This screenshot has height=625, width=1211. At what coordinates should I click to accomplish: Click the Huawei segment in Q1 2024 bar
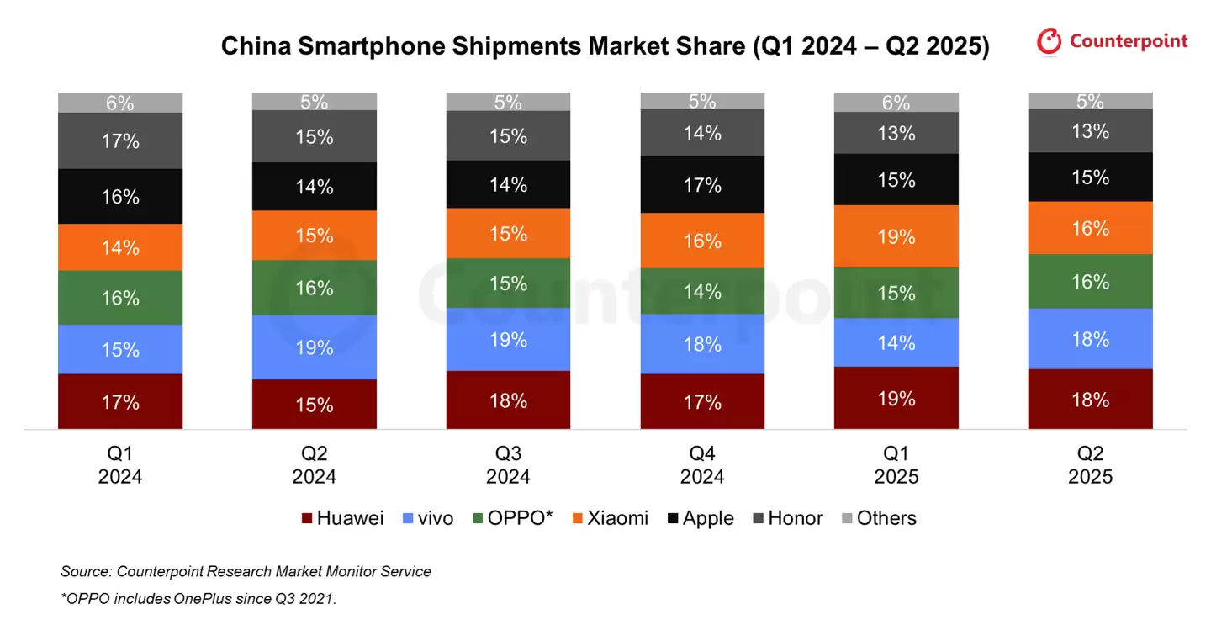tap(120, 401)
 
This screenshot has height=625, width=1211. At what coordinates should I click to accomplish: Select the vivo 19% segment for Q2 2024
tap(314, 347)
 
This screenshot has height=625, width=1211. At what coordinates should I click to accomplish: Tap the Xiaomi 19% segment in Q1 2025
tap(896, 236)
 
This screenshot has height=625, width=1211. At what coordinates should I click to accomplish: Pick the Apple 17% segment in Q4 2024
tap(702, 184)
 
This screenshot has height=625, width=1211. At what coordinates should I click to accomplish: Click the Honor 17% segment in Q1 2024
tap(120, 140)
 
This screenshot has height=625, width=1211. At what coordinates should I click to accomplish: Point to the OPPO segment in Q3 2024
tap(508, 283)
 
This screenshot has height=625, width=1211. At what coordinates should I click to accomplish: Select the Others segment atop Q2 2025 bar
tap(1090, 101)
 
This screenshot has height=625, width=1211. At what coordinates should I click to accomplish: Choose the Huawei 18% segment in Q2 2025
tap(1090, 399)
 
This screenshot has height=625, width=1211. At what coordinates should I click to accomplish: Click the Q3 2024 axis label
tap(508, 465)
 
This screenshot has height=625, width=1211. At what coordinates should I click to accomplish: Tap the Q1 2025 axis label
tap(896, 465)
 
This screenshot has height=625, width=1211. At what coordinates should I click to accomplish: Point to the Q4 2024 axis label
tap(702, 465)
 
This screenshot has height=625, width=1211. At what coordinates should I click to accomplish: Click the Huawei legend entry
tap(342, 518)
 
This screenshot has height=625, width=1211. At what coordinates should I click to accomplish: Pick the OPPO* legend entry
tap(512, 518)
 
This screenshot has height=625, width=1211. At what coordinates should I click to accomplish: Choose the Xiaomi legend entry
tap(610, 518)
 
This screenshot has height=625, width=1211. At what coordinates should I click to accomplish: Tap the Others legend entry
tap(879, 518)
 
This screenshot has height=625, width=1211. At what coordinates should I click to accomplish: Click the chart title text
tap(605, 45)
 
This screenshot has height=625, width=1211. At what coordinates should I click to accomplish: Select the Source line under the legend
tap(246, 572)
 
